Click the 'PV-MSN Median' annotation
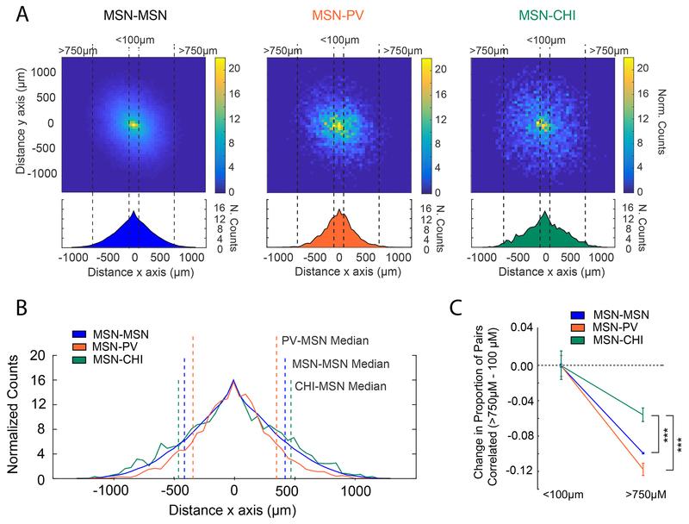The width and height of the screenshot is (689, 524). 324,340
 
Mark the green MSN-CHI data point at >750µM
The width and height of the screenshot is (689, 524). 642,415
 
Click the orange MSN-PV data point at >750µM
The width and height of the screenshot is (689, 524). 642,469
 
